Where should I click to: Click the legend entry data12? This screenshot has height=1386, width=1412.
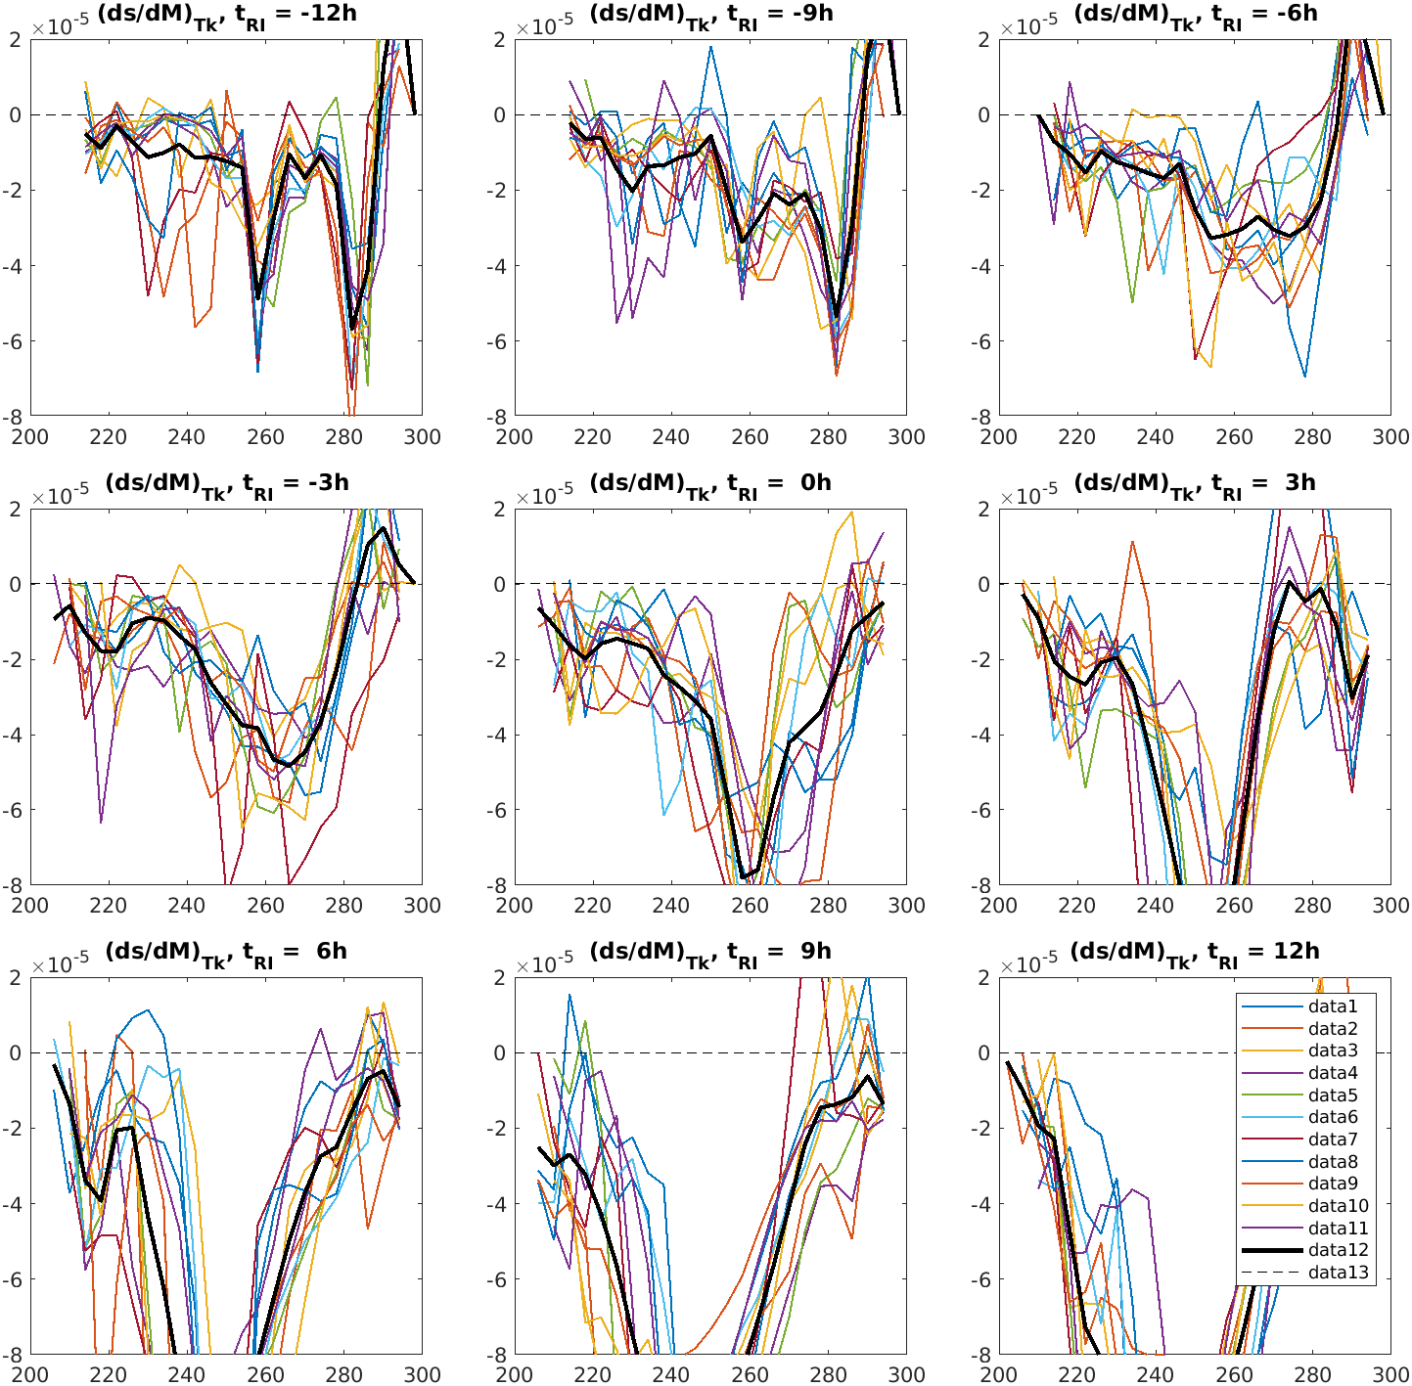click(x=1338, y=1250)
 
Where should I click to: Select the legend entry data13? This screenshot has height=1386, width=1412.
click(x=1338, y=1273)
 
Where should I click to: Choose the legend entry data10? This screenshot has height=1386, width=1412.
click(x=1338, y=1206)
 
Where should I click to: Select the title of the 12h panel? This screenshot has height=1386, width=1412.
click(x=1194, y=953)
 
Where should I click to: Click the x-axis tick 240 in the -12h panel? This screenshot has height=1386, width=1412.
click(x=187, y=437)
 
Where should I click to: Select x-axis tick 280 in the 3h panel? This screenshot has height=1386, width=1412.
click(x=1312, y=906)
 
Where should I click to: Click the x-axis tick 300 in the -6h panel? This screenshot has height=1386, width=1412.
click(x=1390, y=437)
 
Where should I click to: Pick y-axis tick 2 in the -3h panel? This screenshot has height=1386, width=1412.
click(x=17, y=509)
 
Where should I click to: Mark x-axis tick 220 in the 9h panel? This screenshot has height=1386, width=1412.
click(x=593, y=1374)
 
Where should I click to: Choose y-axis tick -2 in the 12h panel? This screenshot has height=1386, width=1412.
click(x=982, y=1129)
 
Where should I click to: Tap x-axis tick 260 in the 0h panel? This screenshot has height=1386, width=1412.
click(x=750, y=906)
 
